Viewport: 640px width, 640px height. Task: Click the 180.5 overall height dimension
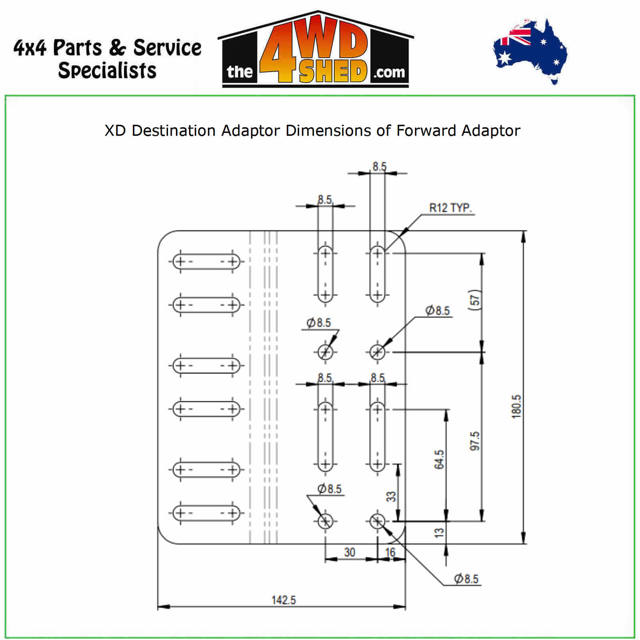516,406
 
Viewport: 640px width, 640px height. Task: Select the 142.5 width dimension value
284,600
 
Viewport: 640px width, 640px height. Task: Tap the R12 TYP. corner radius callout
450,208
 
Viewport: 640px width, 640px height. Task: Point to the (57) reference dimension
475,300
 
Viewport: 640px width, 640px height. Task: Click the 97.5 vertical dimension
475,441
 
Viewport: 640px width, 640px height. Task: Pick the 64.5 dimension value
439,459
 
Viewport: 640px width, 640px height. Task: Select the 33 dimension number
391,496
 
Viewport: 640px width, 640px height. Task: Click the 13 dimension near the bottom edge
439,532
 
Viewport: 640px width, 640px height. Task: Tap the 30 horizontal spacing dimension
350,552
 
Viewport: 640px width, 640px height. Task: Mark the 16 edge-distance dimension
390,552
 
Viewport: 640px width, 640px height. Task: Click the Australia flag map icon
530,51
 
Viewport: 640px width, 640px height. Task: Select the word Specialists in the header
107,70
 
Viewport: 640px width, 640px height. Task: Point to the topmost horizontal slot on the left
206,262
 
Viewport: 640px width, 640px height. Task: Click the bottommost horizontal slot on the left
206,513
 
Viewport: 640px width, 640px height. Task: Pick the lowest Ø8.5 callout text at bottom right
466,578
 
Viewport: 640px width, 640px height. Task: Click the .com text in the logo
389,73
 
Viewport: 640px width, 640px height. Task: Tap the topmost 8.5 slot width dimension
380,166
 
